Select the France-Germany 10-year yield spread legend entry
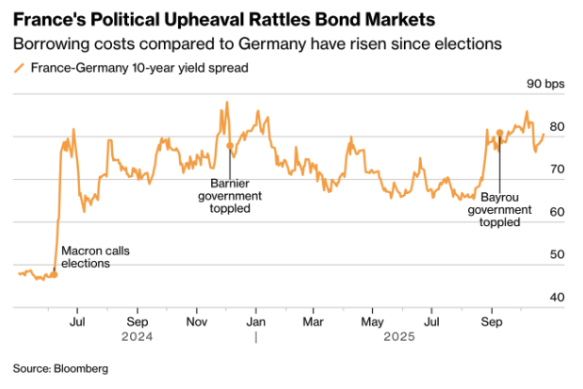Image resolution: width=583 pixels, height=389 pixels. tap(132, 68)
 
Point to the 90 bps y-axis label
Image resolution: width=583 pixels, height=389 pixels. tap(545, 85)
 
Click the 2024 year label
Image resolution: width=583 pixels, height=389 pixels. tap(138, 336)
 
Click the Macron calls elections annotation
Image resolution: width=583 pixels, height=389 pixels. tap(95, 257)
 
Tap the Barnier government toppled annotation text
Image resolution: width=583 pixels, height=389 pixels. tap(230, 195)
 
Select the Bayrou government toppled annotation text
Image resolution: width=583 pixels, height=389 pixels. tap(499, 210)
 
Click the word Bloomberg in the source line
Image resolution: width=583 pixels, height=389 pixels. tap(82, 367)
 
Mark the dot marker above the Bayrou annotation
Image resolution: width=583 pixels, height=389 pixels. tap(499, 134)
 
